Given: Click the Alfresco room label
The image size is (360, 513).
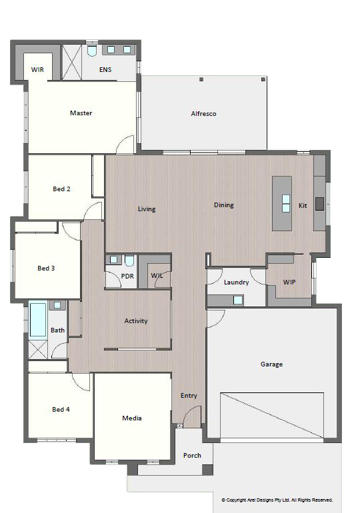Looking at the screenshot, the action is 203,113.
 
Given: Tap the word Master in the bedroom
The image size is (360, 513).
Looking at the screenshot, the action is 81,113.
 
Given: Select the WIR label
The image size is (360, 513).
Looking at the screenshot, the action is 37,69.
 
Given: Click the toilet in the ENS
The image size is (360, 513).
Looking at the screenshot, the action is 92,51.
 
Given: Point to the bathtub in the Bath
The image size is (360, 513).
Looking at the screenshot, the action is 38,320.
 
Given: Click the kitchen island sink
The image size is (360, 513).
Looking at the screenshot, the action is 286,203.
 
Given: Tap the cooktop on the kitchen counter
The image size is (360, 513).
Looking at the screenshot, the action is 319,203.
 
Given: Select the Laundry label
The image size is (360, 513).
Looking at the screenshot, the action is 236,282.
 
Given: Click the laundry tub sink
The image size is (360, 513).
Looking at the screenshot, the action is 238,300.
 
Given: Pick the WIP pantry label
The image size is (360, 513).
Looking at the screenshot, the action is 289,282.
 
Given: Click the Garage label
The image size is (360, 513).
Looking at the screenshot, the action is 271,364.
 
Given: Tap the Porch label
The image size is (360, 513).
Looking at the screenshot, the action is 192,456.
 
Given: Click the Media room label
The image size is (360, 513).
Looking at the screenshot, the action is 132,418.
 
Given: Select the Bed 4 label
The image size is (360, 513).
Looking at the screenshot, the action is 61,409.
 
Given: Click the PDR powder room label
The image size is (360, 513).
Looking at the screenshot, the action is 127,276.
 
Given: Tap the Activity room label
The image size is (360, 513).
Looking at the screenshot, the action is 136,321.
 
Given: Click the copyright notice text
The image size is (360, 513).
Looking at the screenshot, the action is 277,500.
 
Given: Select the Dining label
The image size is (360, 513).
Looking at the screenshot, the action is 224,205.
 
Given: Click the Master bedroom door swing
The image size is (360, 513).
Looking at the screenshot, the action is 125,144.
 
